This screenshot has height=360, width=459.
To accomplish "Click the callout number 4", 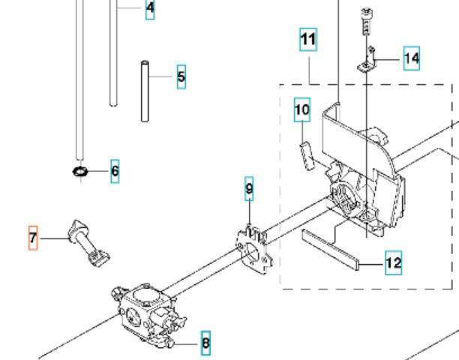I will tap(150, 9).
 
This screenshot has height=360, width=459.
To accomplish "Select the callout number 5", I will tap(181, 76).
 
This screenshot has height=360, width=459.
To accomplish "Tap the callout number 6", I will tap(115, 172).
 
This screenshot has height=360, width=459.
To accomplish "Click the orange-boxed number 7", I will tap(32, 238).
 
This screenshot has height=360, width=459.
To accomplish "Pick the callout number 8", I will tap(205, 344).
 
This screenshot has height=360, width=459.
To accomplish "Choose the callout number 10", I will tap(301, 111).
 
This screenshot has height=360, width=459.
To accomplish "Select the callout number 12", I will tap(393, 263).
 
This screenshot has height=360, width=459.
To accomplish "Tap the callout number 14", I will tap(411, 57).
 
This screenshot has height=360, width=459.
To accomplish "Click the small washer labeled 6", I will tap(81, 173).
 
